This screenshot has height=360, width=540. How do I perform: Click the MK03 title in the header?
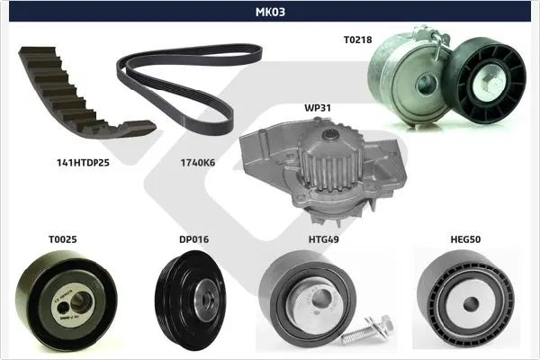pyautogui.click(x=270, y=12)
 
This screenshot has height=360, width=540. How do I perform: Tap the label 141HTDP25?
pyautogui.click(x=83, y=163)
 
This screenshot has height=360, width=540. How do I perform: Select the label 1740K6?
pyautogui.click(x=198, y=163)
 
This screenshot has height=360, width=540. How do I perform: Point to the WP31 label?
pyautogui.click(x=318, y=108)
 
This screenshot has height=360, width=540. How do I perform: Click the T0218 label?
pyautogui.click(x=358, y=40)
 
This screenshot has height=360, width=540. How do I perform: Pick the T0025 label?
pyautogui.click(x=63, y=239)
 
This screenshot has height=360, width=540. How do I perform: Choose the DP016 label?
pyautogui.click(x=193, y=239)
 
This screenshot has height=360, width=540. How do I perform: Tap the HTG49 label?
pyautogui.click(x=324, y=239)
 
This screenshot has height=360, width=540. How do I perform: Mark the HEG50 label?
pyautogui.click(x=465, y=239)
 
